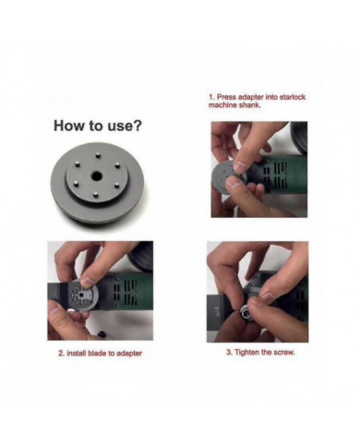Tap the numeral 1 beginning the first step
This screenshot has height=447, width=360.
(x=211, y=96)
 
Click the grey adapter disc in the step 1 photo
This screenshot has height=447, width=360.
(x=229, y=170)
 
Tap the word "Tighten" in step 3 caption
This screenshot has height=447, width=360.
(x=245, y=355)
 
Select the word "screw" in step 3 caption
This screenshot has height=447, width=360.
(x=285, y=355)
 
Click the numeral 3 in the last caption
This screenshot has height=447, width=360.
(x=226, y=355)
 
